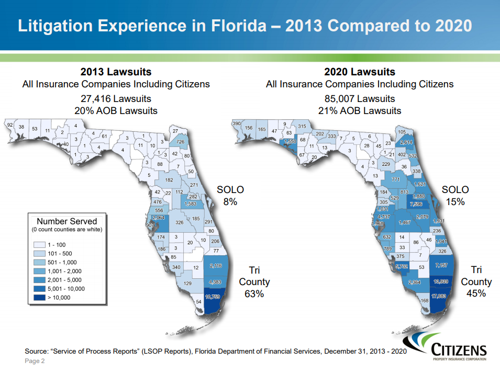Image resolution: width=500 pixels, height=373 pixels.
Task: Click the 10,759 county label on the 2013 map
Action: tap(213, 297)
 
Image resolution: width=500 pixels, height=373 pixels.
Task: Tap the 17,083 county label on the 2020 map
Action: tap(439, 296)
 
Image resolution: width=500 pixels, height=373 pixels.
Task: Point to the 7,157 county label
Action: tap(441, 266)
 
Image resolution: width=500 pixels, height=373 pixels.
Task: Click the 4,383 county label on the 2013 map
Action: tap(215, 282)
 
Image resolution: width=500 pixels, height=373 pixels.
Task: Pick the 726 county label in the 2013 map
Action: tap(181, 142)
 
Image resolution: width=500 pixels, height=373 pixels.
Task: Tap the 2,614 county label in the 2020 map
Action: tap(406, 142)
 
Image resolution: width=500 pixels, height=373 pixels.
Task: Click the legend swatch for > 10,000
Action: tap(39, 298)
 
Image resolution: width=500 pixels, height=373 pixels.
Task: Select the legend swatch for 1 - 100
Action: tap(39, 244)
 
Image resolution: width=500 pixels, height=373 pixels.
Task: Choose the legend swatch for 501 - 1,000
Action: tap(39, 262)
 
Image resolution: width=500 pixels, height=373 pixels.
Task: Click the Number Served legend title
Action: tap(66, 221)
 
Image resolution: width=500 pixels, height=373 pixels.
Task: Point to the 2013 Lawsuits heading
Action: tap(116, 72)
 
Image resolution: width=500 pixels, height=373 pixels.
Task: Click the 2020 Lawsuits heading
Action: tap(360, 72)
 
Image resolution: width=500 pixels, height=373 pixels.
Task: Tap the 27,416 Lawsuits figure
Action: tap(116, 98)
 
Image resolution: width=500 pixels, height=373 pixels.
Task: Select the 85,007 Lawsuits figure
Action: tap(360, 98)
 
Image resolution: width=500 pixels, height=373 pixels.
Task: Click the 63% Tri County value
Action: tap(254, 293)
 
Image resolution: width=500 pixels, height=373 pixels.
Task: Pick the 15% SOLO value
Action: tap(455, 201)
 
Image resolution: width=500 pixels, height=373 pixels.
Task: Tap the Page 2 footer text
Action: tap(35, 361)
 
